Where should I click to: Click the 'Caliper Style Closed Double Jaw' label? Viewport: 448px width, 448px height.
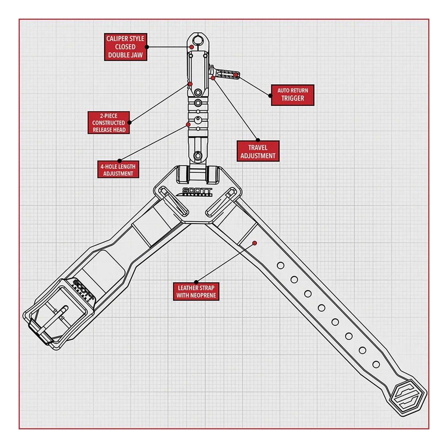(125, 47)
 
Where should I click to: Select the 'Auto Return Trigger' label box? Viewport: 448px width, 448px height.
(293, 95)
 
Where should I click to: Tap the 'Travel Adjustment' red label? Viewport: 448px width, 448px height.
(258, 151)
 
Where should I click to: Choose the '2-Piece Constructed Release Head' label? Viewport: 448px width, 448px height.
(109, 122)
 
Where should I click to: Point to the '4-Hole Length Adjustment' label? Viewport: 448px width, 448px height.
(118, 169)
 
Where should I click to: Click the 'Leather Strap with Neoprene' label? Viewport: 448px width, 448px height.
(196, 292)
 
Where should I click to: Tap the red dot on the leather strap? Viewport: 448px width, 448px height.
(255, 243)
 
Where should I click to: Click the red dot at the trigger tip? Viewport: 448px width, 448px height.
(236, 75)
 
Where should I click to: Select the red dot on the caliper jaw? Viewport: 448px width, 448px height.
(192, 47)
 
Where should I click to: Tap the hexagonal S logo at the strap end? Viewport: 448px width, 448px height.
(409, 398)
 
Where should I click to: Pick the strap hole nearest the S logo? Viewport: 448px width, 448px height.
(376, 364)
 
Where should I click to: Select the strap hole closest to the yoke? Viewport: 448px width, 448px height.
(281, 265)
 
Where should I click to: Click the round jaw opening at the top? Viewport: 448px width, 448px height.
(198, 40)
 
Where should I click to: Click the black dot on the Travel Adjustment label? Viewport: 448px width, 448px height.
(258, 140)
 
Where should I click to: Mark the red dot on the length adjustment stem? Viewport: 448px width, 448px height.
(188, 125)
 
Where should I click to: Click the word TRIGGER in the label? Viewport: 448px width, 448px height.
(293, 98)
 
